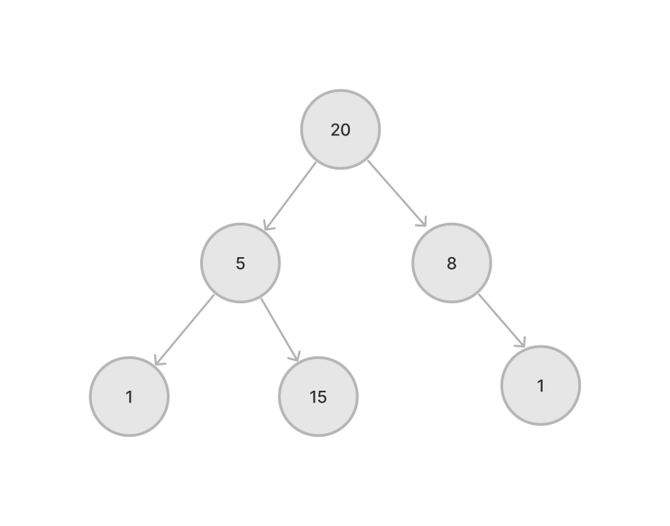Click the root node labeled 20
point(341,130)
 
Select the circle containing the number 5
point(241,263)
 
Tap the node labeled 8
point(452,263)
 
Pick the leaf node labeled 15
point(318,396)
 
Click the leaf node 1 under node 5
point(130,396)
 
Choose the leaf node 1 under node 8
point(540,385)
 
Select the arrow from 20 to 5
point(290,197)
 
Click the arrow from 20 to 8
point(397,193)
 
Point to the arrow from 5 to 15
point(280,330)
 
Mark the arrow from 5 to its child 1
point(184,329)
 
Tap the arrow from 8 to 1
point(501,320)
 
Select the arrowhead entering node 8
point(422,222)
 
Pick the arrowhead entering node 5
point(268,226)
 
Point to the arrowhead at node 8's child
point(521,342)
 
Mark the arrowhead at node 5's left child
point(158,360)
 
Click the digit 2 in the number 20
point(335,130)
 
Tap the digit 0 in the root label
point(345,130)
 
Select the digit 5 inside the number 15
point(322,397)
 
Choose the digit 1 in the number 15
point(312,397)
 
